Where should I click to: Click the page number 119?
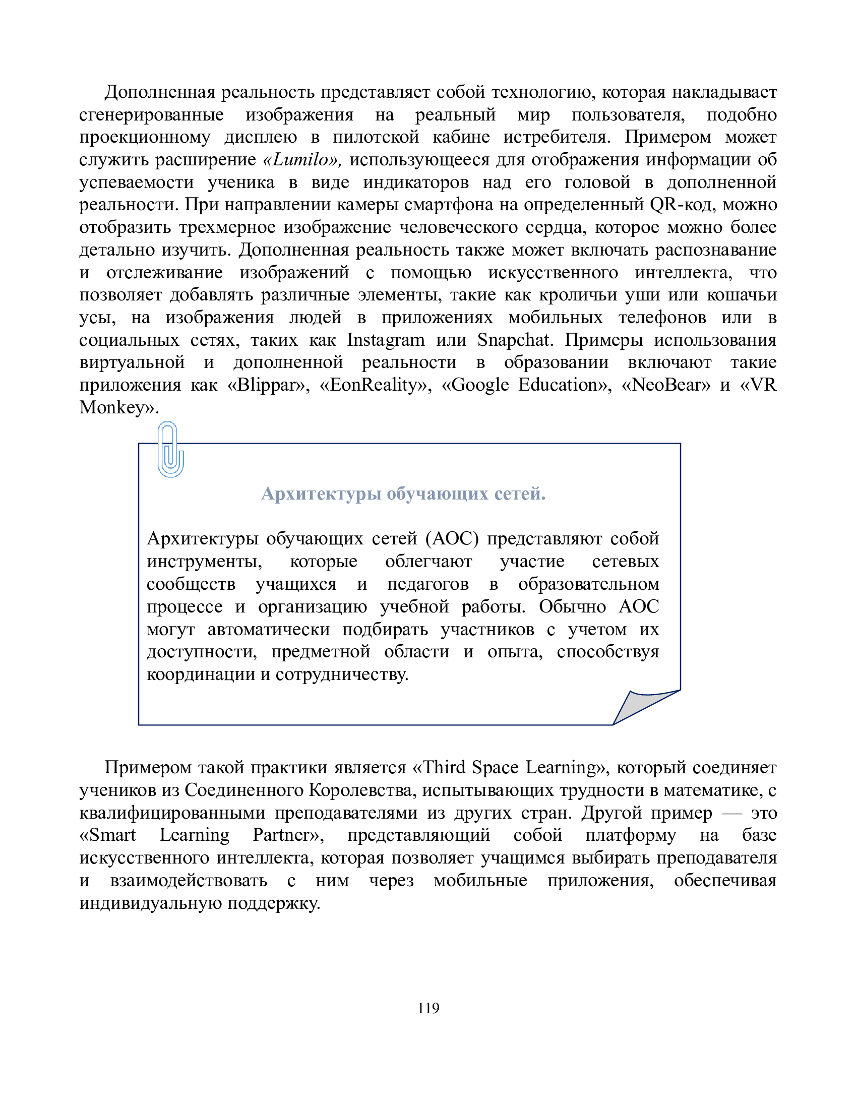428,1009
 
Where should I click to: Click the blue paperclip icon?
170,449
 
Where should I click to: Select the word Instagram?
386,340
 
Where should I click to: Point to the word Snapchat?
514,340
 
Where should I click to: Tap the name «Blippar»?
268,385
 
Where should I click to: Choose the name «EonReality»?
375,385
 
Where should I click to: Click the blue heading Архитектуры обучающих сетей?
403,494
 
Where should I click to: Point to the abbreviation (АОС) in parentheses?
451,538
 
